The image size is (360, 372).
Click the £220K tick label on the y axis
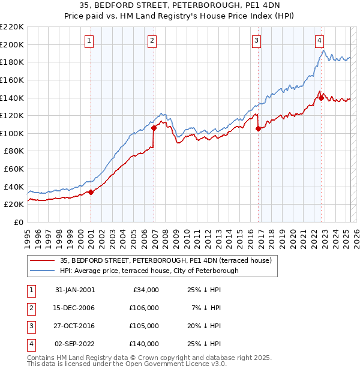(12, 27)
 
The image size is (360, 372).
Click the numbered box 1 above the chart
(89, 41)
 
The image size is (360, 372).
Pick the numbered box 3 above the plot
(256, 41)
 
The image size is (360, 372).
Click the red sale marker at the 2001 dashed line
(91, 192)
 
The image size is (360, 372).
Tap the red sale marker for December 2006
(154, 128)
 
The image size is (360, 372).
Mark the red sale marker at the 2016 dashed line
(258, 128)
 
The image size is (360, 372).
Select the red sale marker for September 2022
(321, 98)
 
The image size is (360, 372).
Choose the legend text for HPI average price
(149, 271)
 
